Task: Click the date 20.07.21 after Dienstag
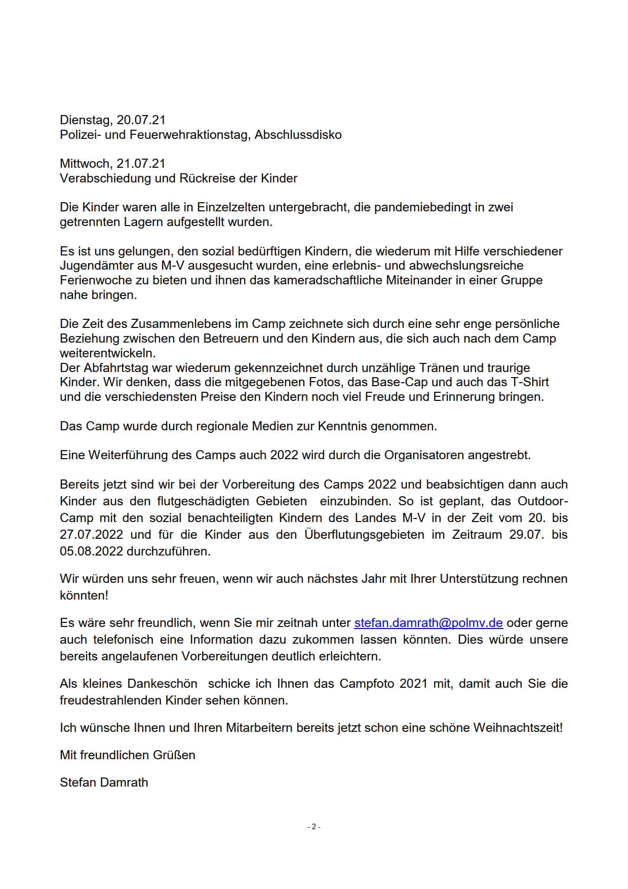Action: pyautogui.click(x=141, y=120)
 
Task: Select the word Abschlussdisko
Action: pyautogui.click(x=298, y=135)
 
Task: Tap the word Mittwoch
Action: pyautogui.click(x=85, y=164)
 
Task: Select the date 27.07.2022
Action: pyautogui.click(x=91, y=535)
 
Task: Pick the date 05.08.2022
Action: pyautogui.click(x=91, y=551)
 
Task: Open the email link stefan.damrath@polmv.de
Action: pyautogui.click(x=428, y=623)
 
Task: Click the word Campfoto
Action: pyautogui.click(x=367, y=684)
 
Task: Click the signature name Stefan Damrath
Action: pyautogui.click(x=104, y=783)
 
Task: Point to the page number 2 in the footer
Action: pyautogui.click(x=313, y=827)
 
